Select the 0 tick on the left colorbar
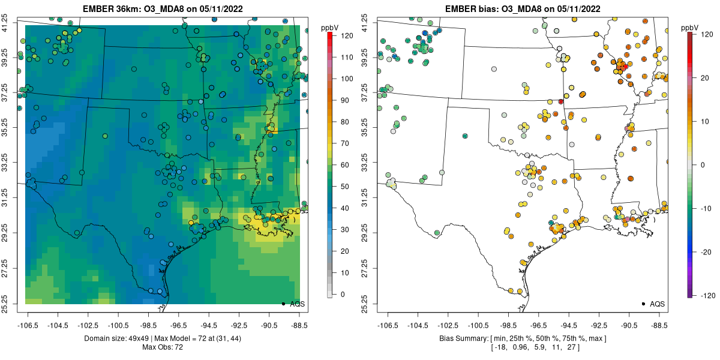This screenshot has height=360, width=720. (x=343, y=294)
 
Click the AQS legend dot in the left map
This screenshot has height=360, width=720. (x=283, y=304)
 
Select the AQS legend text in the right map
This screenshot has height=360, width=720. (x=658, y=304)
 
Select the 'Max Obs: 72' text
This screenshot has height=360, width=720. (x=162, y=347)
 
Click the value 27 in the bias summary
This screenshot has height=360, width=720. (x=574, y=347)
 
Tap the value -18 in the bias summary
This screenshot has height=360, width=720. (x=500, y=347)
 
